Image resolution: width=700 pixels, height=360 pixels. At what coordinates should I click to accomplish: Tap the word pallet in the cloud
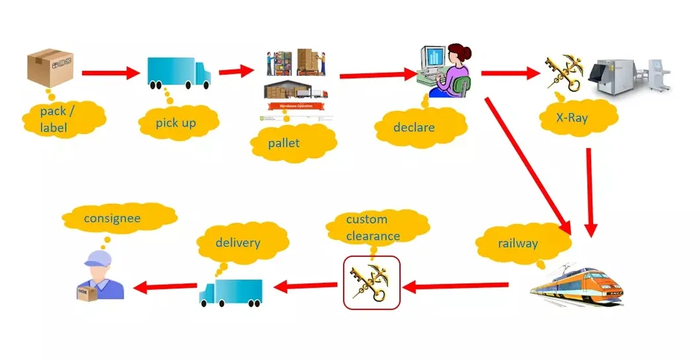pos(284,142)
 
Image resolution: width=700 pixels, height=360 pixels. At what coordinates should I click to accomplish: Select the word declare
pos(414,126)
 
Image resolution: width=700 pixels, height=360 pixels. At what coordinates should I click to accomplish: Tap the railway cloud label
pos(518,243)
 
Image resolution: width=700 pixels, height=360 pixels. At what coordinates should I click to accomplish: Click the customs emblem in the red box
pos(371,283)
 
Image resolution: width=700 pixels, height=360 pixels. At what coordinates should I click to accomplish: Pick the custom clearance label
pos(373,227)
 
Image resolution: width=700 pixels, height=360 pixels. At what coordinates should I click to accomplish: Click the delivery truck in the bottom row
pos(230,292)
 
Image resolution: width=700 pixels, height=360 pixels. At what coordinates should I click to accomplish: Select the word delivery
pos(237,242)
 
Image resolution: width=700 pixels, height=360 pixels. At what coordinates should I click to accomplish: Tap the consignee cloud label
pos(112,217)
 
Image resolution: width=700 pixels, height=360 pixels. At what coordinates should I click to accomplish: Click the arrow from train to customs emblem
pos(456,286)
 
